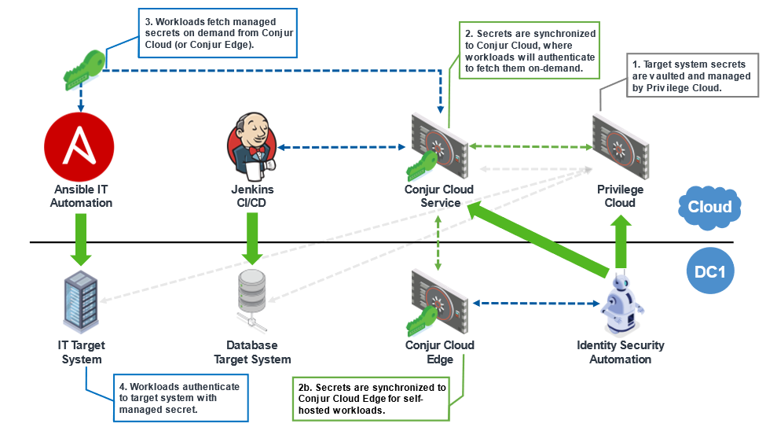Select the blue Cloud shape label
point(709,207)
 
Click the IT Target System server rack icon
point(81,302)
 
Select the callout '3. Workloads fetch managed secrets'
point(219,34)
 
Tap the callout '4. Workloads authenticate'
point(181,398)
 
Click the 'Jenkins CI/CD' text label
point(252,196)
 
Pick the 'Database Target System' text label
point(252,352)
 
